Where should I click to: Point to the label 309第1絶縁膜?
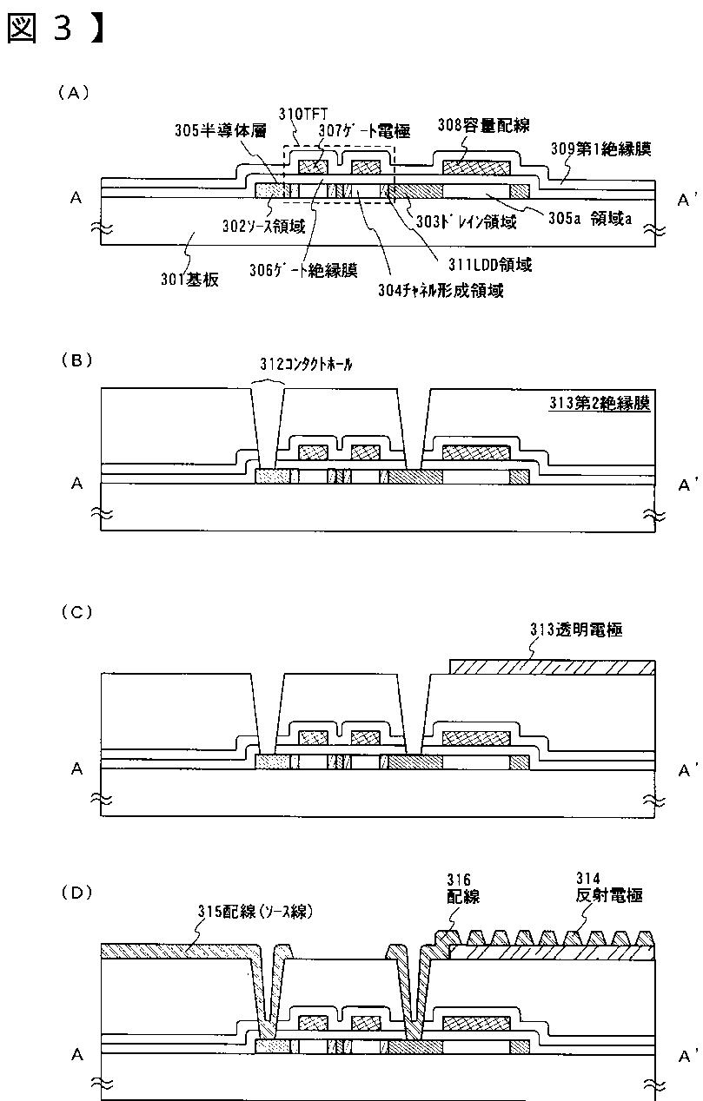600,148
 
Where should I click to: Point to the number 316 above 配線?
457,880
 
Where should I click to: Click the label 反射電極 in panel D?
609,895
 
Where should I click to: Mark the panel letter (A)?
73,91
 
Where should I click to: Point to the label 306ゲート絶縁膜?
314,270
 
